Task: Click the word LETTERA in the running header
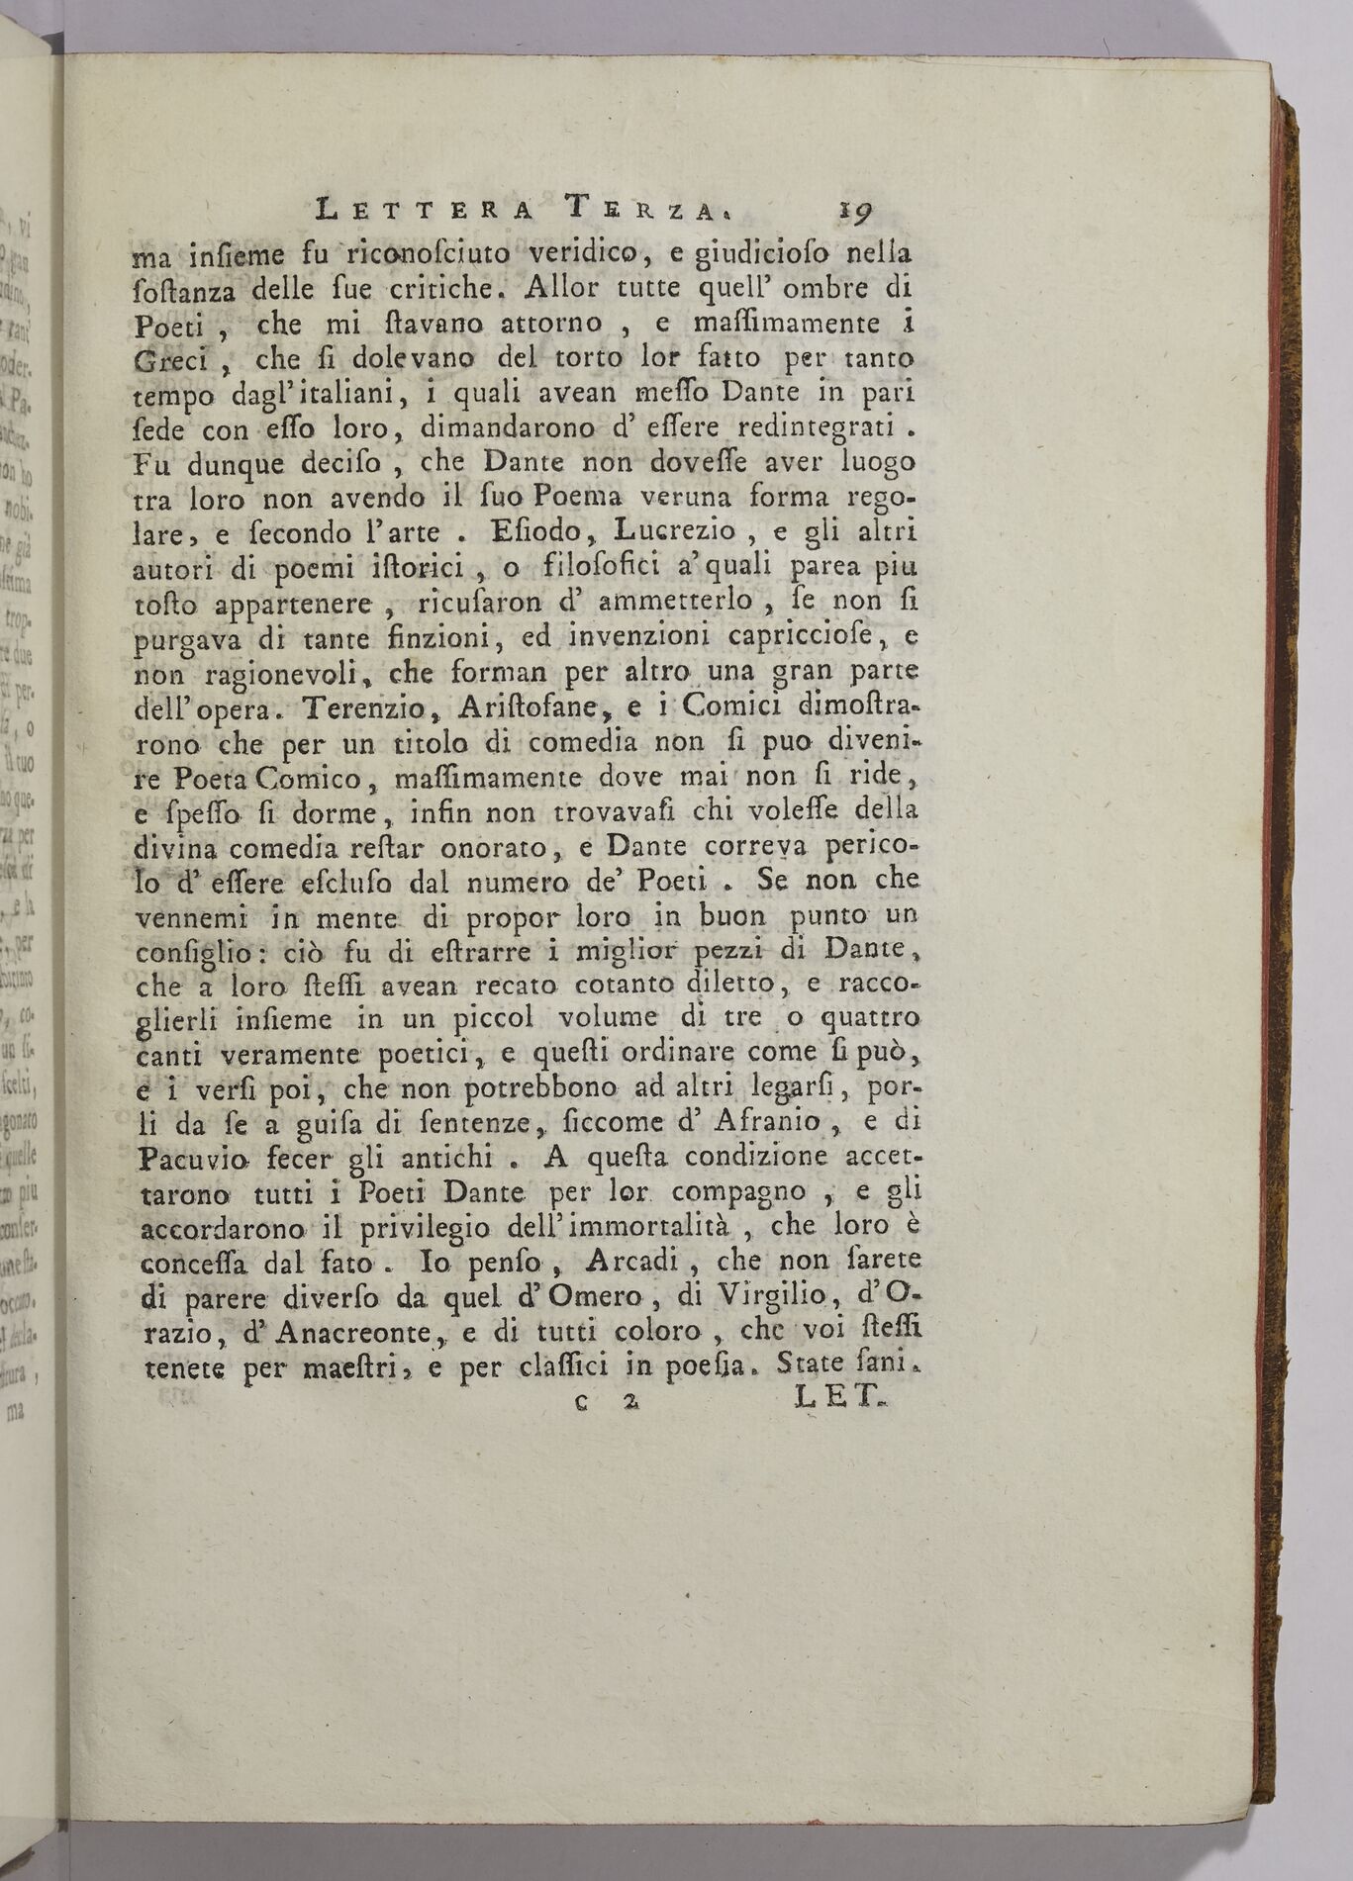424,211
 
